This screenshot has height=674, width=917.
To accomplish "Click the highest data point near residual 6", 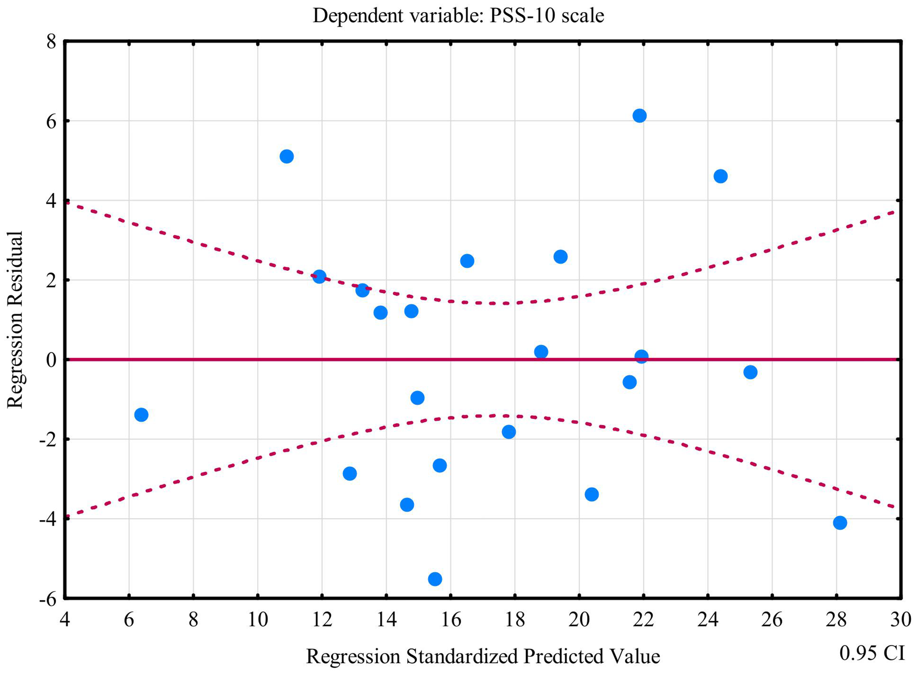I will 639,116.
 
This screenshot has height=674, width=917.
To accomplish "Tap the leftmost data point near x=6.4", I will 141,415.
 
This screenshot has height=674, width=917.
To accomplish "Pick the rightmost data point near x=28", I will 840,523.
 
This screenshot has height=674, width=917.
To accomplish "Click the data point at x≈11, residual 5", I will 286,156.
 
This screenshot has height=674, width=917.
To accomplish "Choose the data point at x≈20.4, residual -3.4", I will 592,494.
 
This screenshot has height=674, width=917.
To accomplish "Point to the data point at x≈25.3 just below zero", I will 750,372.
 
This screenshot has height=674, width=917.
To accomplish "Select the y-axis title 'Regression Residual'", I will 15,320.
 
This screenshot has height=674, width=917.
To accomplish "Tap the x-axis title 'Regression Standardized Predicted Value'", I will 483,656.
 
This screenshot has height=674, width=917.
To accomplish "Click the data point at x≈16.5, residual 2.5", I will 467,261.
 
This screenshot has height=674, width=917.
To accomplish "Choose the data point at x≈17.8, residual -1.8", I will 509,432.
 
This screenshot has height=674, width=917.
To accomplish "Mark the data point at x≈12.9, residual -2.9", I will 350,474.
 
